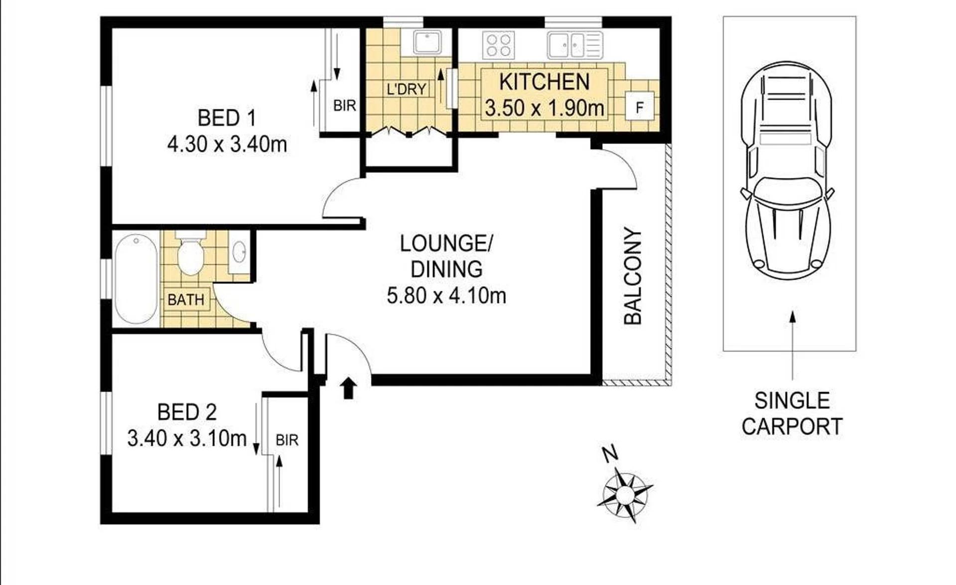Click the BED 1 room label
(227, 118)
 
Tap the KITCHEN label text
(545, 82)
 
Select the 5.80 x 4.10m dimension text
(446, 295)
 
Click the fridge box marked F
(640, 107)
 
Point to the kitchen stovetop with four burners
(499, 45)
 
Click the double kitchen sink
(575, 45)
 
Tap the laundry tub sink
(427, 42)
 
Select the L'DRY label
(407, 89)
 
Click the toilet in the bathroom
(191, 253)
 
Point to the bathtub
(136, 279)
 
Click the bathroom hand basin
(239, 252)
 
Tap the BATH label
(186, 299)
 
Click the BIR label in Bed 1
(345, 106)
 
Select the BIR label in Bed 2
(287, 440)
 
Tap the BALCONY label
(633, 276)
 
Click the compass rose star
(625, 495)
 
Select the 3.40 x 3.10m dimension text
(187, 439)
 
